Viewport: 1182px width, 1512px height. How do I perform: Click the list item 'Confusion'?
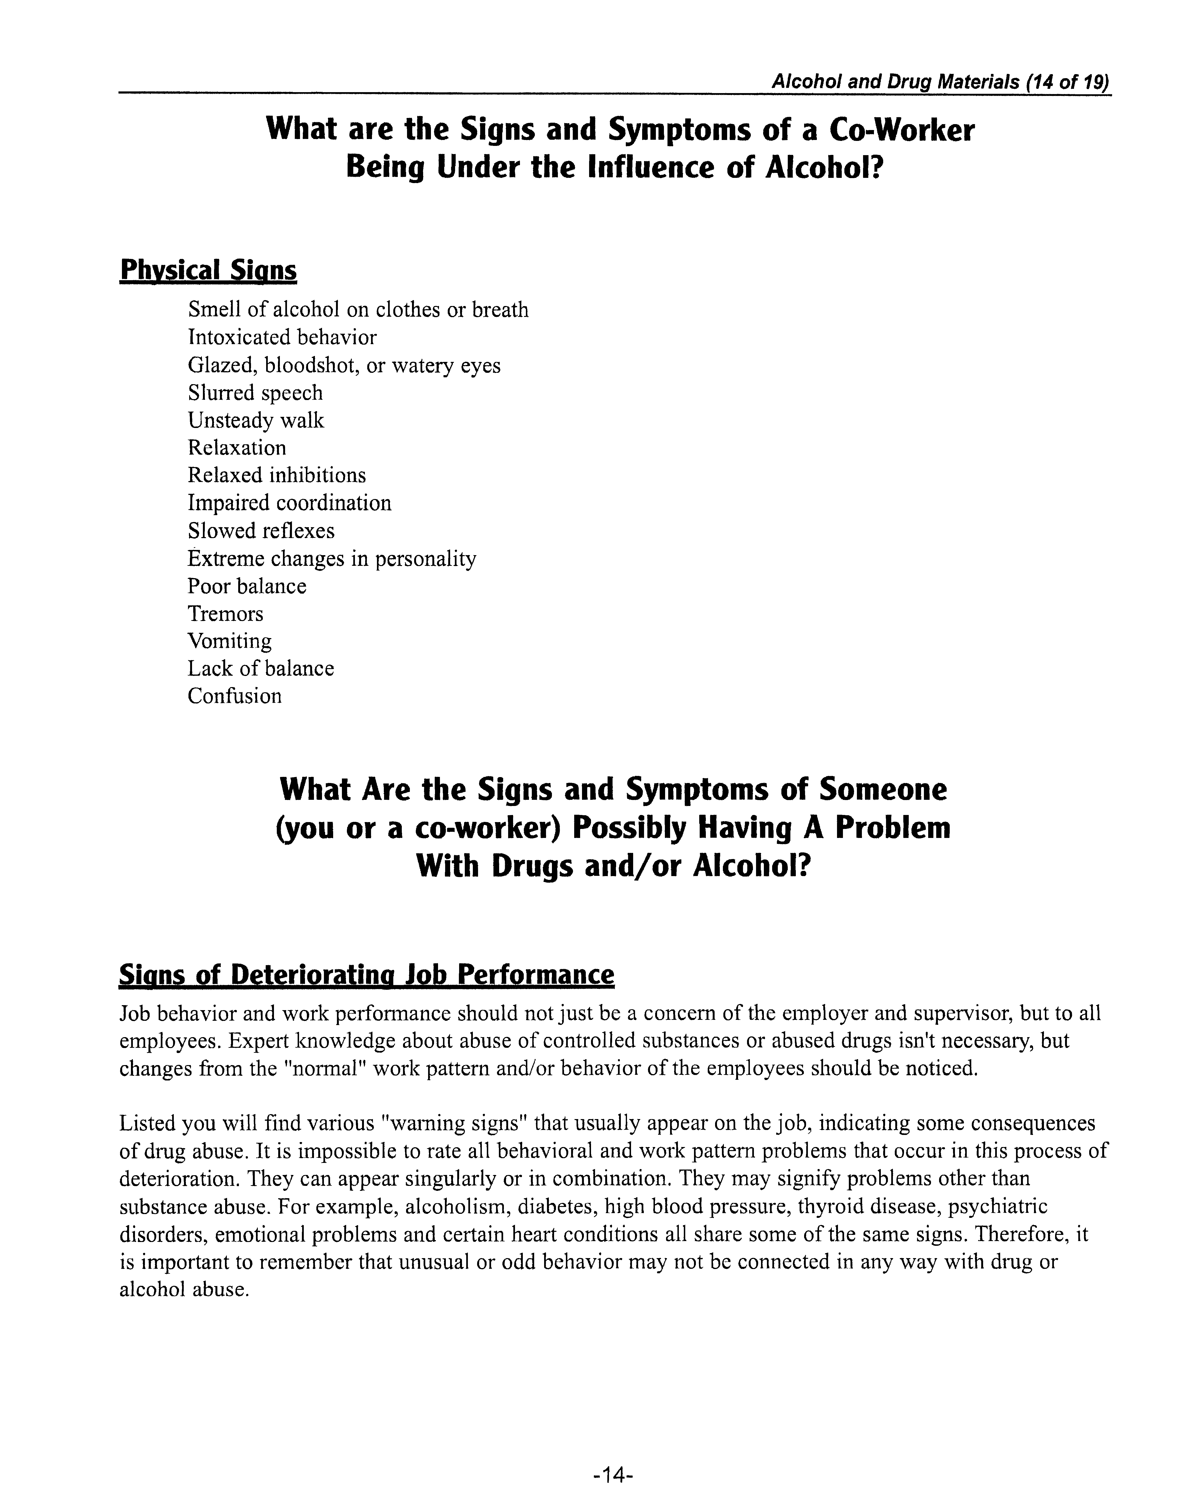click(235, 697)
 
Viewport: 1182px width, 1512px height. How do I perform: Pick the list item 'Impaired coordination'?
click(289, 503)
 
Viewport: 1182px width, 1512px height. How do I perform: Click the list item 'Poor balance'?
click(246, 586)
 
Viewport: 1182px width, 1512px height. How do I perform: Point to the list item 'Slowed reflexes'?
click(261, 531)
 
